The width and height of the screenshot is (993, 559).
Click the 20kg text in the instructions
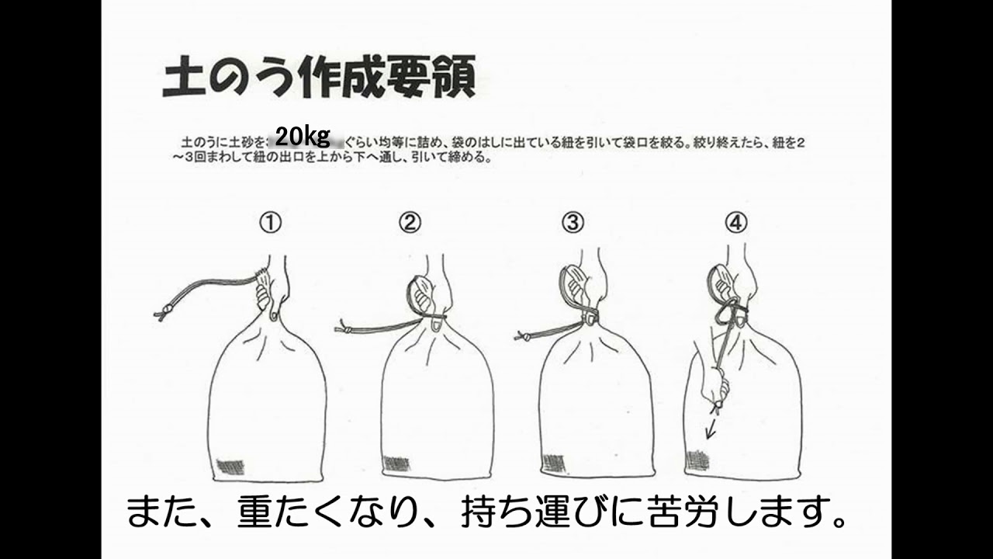303,137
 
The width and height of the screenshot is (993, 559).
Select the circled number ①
269,224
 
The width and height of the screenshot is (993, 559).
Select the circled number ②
410,224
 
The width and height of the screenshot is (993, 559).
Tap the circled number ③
573,224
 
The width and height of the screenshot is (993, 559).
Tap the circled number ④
736,224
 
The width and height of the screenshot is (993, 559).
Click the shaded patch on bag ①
230,467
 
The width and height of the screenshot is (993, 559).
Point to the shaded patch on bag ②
396,464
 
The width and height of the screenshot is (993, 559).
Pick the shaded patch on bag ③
553,463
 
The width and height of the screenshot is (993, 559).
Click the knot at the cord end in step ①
163,314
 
